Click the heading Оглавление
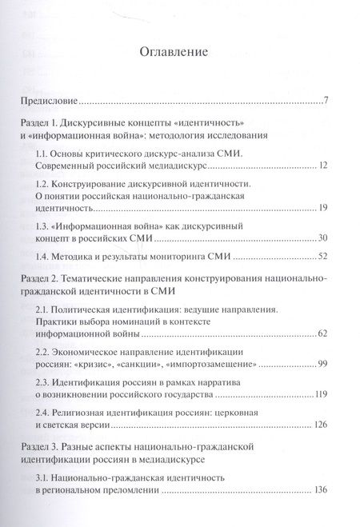pos(174,54)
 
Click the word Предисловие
pos(49,102)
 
